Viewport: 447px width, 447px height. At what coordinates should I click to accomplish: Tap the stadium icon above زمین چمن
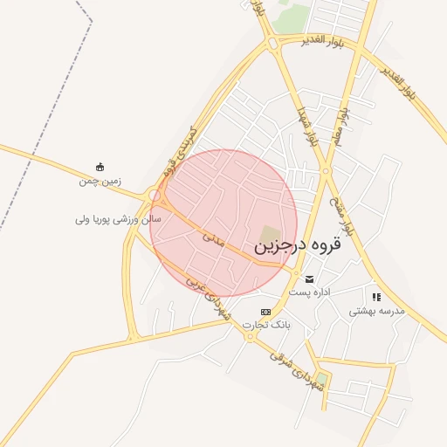pos(100,167)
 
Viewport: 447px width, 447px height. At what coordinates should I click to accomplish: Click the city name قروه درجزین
pos(298,247)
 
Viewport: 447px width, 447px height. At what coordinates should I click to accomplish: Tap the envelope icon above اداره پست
pos(310,279)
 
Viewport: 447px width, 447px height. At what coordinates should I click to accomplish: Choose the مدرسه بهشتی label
pos(377,310)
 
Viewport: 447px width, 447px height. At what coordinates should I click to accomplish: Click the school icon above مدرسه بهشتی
pos(376,297)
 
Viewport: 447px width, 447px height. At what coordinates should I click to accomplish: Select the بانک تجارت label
pos(266,325)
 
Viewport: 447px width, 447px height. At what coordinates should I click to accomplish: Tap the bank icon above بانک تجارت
pos(265,312)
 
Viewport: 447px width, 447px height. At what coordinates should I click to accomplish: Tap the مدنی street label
pos(214,236)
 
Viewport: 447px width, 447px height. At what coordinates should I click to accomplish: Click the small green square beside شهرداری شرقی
pos(321,381)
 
